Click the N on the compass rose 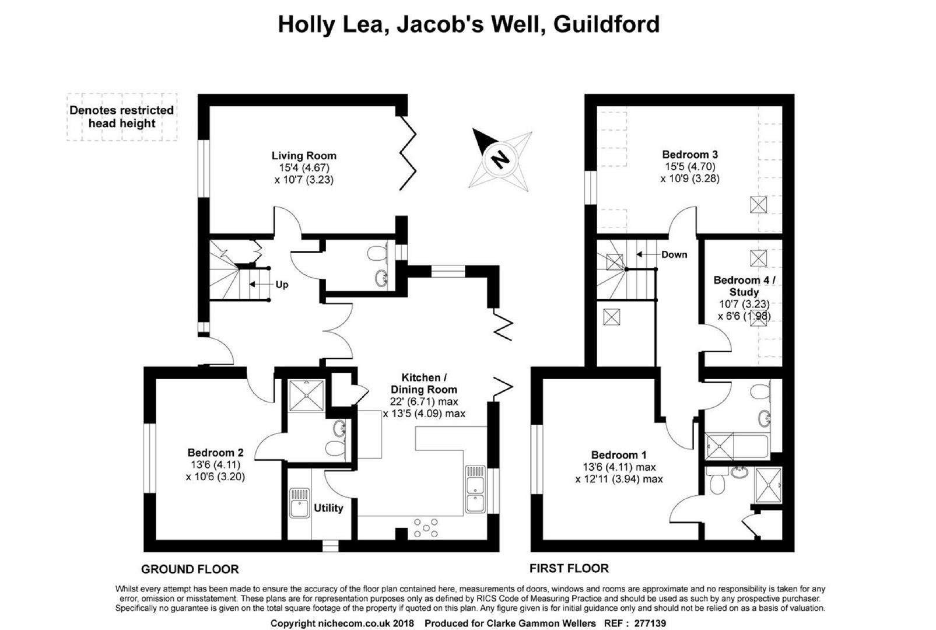(x=500, y=159)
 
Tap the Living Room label (x=304, y=156)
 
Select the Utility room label (x=328, y=508)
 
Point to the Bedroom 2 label (x=215, y=452)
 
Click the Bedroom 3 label (x=690, y=154)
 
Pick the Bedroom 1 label (x=619, y=454)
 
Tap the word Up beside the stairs (x=282, y=285)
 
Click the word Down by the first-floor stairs (x=674, y=254)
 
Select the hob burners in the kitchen (x=426, y=527)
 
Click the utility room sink (x=299, y=503)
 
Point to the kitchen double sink (x=475, y=489)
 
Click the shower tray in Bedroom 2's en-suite (x=306, y=395)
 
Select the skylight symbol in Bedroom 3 (x=758, y=205)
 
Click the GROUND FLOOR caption (x=190, y=569)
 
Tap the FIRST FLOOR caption (x=569, y=568)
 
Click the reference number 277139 (x=650, y=624)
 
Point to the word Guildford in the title (x=607, y=24)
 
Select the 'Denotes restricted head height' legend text (x=122, y=117)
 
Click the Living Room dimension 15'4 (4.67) (x=304, y=167)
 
